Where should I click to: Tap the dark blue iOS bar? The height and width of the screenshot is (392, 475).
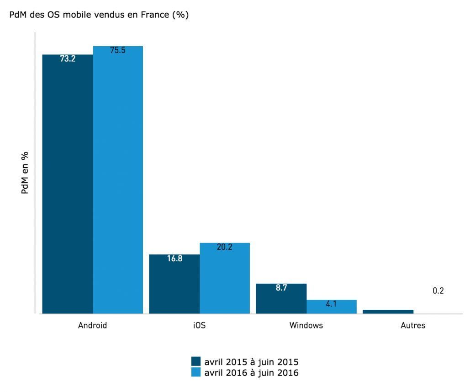[x=174, y=284]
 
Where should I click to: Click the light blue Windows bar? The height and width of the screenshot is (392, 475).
[x=331, y=307]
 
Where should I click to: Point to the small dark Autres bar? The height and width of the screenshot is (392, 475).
[x=388, y=312]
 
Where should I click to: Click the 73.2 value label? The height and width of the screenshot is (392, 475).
[x=68, y=58]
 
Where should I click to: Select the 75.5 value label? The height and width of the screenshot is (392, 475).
[x=118, y=50]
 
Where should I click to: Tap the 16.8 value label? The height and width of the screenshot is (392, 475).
[x=174, y=259]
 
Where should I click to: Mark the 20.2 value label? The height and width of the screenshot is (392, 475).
[x=224, y=247]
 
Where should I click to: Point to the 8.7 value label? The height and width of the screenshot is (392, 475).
[x=281, y=288]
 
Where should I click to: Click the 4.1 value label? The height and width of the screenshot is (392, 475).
[x=331, y=304]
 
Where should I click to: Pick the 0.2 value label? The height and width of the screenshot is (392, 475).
[x=438, y=291]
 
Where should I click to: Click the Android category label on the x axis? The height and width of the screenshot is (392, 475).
[x=93, y=326]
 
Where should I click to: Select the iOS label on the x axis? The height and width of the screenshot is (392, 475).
[x=199, y=326]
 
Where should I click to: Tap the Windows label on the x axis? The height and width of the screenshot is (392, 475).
[x=306, y=326]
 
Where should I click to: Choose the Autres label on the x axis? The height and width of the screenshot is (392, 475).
[x=412, y=326]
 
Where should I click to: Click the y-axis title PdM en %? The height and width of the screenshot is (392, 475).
[x=26, y=173]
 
